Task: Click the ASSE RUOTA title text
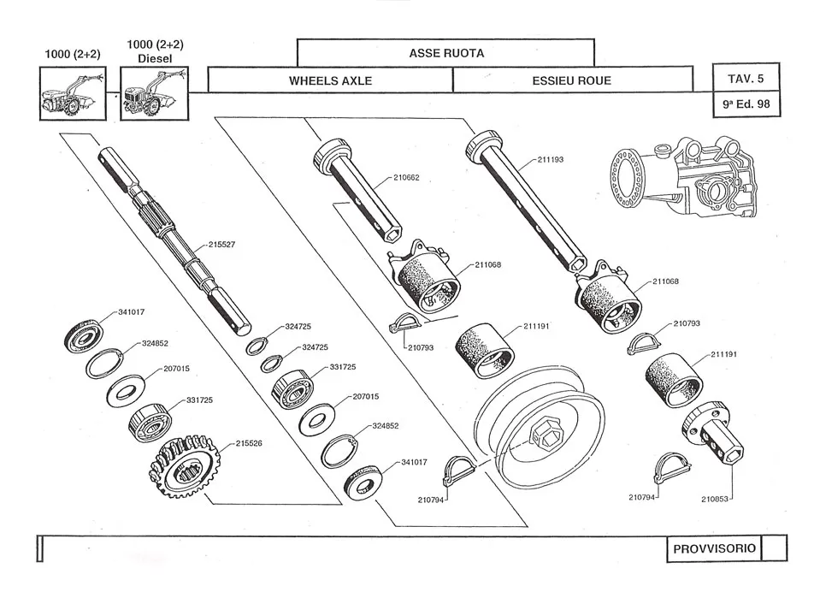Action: pyautogui.click(x=445, y=53)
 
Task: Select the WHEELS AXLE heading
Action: pyautogui.click(x=329, y=81)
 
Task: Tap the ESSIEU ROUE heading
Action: pyautogui.click(x=571, y=81)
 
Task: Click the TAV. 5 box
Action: pyautogui.click(x=746, y=78)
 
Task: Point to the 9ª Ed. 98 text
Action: pyautogui.click(x=746, y=107)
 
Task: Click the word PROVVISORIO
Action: pyautogui.click(x=713, y=548)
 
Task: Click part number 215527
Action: pyautogui.click(x=221, y=245)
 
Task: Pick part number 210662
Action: pyautogui.click(x=406, y=178)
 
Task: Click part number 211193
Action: pyautogui.click(x=552, y=160)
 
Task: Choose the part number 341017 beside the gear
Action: pyautogui.click(x=415, y=463)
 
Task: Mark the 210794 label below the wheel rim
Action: pyautogui.click(x=433, y=499)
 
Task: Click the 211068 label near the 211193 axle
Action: pyautogui.click(x=666, y=281)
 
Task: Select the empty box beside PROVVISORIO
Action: pyautogui.click(x=773, y=548)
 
